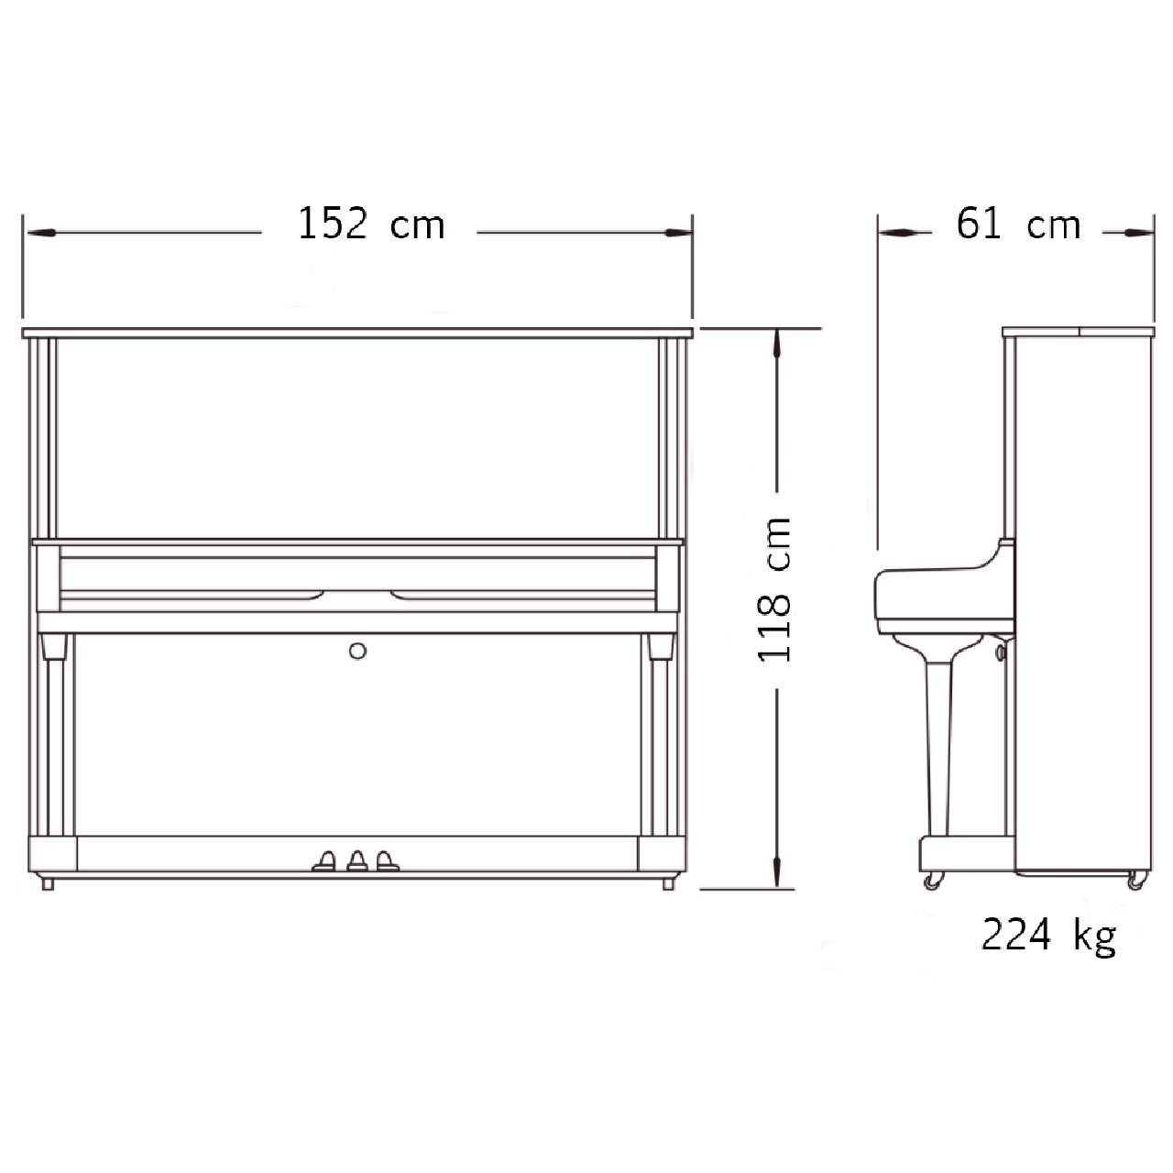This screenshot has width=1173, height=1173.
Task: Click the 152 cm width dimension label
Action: coord(371,224)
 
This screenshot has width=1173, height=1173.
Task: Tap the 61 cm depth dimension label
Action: coord(1018,224)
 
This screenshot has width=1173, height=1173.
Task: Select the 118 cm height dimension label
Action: coord(773,589)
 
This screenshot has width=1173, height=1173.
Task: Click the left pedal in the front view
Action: coord(323,861)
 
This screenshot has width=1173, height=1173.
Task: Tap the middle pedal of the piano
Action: coord(357,861)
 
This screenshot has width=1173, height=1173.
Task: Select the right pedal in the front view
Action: coord(387,861)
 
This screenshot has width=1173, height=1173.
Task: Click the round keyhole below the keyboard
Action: coord(358,652)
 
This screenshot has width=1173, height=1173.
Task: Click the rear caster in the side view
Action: coord(1136,880)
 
